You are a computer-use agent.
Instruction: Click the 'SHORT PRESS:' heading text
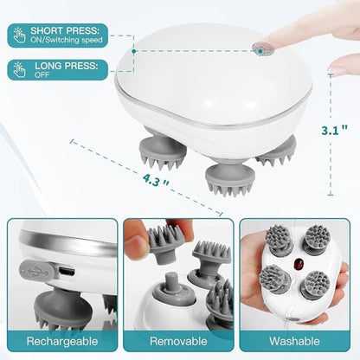point(65,30)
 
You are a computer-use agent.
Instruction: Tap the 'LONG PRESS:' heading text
point(67,66)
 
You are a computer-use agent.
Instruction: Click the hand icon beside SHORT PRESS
point(19,35)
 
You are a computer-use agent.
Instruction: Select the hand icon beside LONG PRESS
point(19,70)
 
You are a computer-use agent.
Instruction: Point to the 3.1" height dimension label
point(335,131)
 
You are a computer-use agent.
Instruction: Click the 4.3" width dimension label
point(156,180)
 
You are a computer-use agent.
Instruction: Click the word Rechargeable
point(62,341)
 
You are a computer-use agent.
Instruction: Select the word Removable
point(178,341)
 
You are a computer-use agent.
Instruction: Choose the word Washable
point(294,341)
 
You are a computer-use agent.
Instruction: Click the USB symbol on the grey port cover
point(36,270)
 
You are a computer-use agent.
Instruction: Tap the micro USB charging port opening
point(67,271)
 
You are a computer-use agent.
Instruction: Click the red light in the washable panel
point(298,263)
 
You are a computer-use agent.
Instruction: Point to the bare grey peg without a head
point(170,284)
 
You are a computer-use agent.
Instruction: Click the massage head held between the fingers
point(165,243)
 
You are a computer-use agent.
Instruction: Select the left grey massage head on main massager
point(163,153)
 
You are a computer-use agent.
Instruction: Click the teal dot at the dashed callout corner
point(134,51)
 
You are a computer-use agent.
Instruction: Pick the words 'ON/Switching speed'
point(67,40)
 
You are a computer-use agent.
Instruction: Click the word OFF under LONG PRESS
point(42,74)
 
